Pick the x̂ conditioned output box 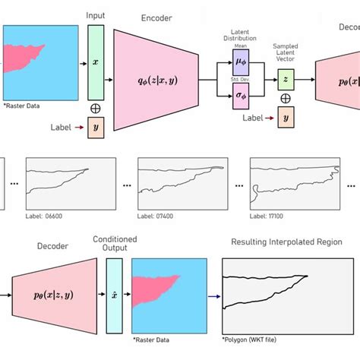[x=114, y=295]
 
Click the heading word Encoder [x=156, y=17]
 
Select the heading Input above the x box [x=96, y=15]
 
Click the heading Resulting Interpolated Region [x=286, y=242]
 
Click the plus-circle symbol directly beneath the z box [x=286, y=99]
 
